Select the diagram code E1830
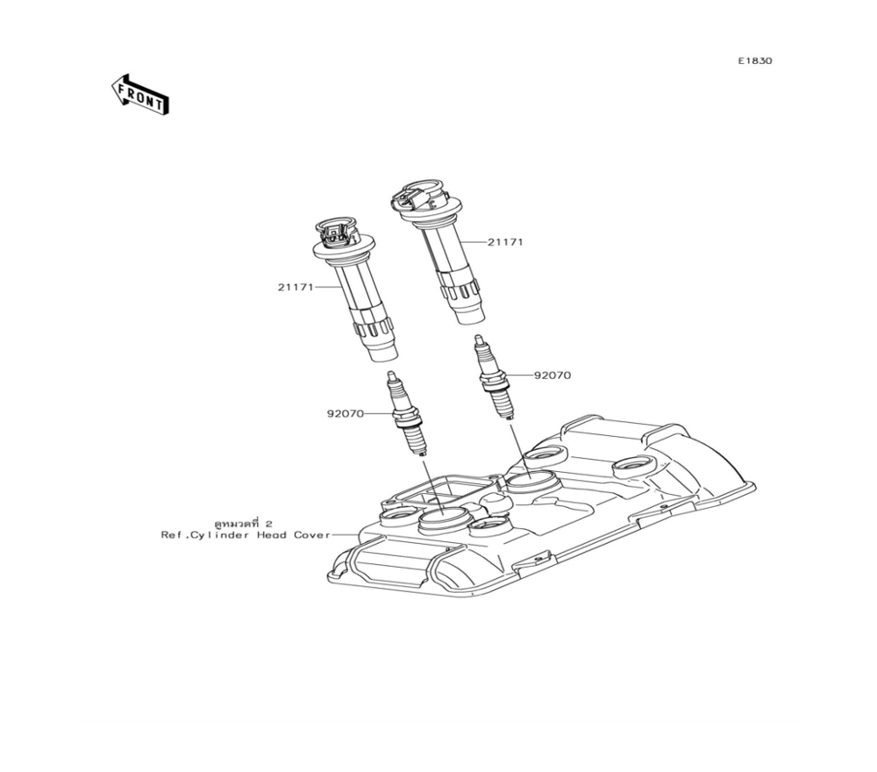coord(754,61)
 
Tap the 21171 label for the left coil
coord(296,287)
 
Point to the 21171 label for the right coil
coord(505,241)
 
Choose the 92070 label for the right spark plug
coord(553,375)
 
